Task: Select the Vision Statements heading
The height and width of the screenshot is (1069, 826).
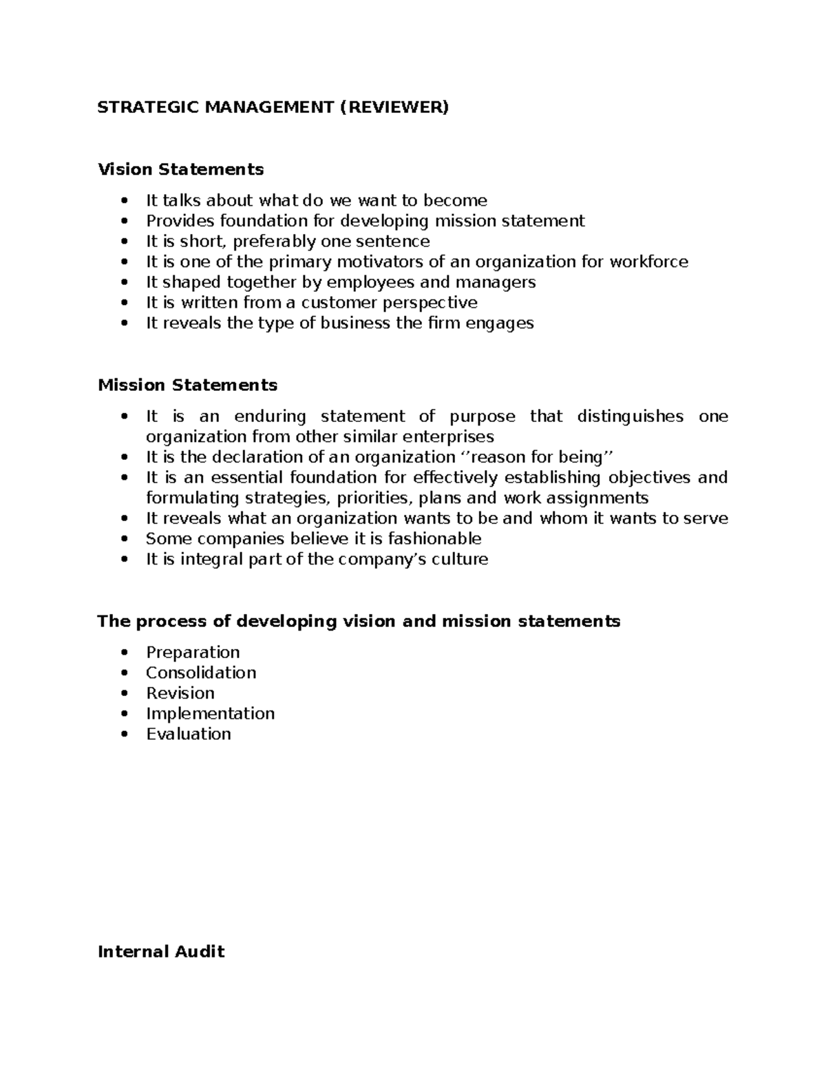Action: coord(180,169)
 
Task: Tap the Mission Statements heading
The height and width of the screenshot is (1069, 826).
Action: coord(187,385)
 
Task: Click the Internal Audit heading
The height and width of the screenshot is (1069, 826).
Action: coord(161,952)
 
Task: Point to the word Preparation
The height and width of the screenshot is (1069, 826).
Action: coord(193,653)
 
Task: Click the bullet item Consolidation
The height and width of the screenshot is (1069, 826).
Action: coord(201,673)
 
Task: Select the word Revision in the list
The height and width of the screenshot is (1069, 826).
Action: coord(180,693)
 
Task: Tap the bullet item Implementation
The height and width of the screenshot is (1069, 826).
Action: coord(210,713)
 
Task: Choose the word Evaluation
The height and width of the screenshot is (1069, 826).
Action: coord(189,734)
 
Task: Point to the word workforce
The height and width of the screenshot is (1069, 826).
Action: coord(648,262)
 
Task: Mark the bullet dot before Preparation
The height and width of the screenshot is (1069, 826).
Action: coord(124,653)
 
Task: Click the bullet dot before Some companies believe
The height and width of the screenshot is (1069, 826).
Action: coord(124,540)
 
